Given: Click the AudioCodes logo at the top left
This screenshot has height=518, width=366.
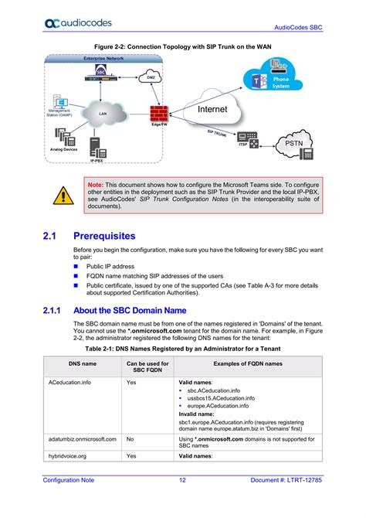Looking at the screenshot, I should coord(73,25).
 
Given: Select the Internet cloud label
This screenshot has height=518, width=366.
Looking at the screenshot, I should coord(212,110).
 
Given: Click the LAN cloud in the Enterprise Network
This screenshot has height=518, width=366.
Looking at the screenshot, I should coord(102,114).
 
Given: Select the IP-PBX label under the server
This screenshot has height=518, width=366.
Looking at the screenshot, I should coord(97,161).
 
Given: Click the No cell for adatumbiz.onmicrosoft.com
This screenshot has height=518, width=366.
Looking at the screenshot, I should coord(130,438).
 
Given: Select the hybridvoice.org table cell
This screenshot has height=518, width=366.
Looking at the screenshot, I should coord(69,456).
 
